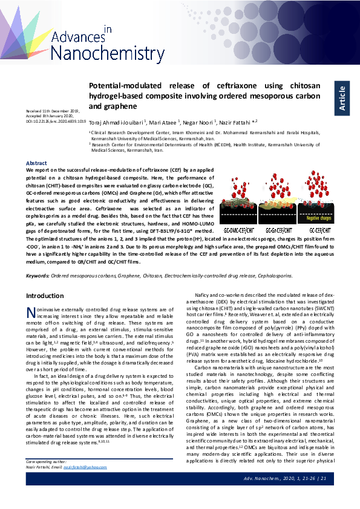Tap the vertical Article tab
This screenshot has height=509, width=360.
tap(343, 97)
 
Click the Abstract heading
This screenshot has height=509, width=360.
tap(36, 163)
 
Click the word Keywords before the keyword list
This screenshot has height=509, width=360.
tap(38, 276)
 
